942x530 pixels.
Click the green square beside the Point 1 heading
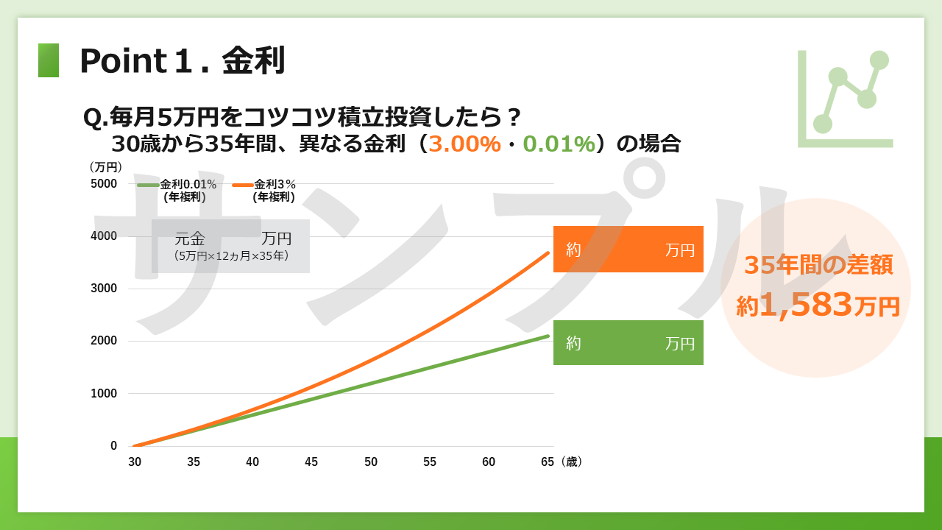pyautogui.click(x=49, y=60)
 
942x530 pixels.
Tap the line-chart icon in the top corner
pyautogui.click(x=845, y=99)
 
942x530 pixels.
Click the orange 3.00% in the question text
pyautogui.click(x=464, y=144)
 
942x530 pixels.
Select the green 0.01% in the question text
pyautogui.click(x=559, y=144)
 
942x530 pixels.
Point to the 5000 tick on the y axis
pyautogui.click(x=104, y=184)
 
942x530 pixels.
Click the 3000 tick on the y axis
pyautogui.click(x=104, y=289)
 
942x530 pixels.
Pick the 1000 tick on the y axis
pyautogui.click(x=104, y=394)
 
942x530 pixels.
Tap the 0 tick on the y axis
pyautogui.click(x=113, y=446)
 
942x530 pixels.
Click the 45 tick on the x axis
pyautogui.click(x=311, y=462)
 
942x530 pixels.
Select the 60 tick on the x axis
pyautogui.click(x=489, y=462)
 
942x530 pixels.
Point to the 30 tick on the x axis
pyautogui.click(x=135, y=462)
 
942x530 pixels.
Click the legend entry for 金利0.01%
pyautogui.click(x=177, y=191)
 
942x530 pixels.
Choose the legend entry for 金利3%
pyautogui.click(x=264, y=191)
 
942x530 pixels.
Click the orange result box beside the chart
pyautogui.click(x=628, y=249)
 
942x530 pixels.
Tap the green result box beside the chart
pyautogui.click(x=628, y=342)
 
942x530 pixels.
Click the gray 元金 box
pyautogui.click(x=230, y=246)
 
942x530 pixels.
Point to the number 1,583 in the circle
pyautogui.click(x=806, y=305)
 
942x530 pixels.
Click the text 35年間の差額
pyautogui.click(x=818, y=266)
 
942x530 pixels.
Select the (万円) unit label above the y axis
pyautogui.click(x=105, y=167)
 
